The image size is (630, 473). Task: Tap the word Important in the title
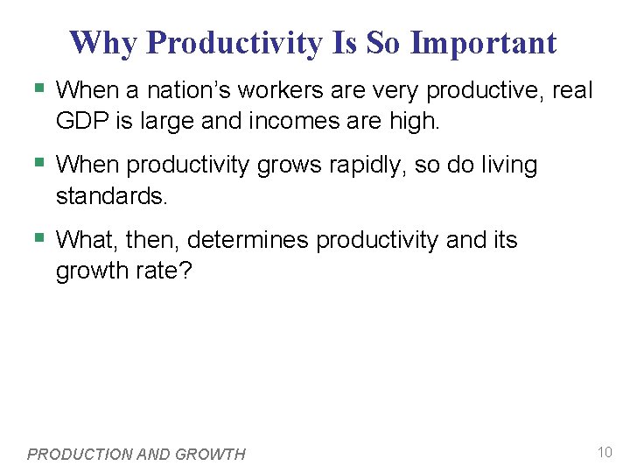(x=483, y=42)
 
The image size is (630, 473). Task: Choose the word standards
(x=110, y=195)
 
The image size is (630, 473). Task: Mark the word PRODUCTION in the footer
(x=83, y=454)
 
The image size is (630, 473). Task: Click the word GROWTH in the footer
(x=211, y=454)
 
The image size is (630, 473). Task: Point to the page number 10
(x=604, y=452)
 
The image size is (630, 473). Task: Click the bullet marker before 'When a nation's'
(x=38, y=89)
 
